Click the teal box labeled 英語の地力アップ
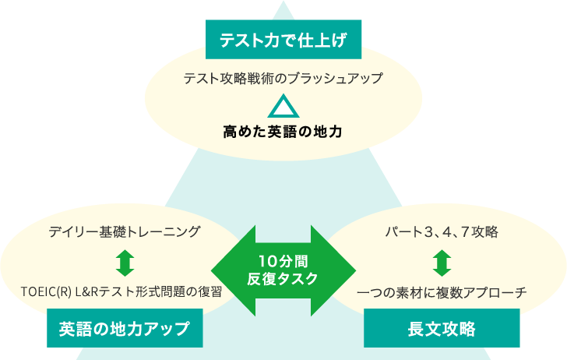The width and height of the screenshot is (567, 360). point(125,328)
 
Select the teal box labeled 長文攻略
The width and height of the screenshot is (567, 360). point(442,328)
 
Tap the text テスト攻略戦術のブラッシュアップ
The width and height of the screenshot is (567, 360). point(283,79)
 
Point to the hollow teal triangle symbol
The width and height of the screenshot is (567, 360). point(283,106)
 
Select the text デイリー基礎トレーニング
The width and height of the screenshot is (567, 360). point(125,231)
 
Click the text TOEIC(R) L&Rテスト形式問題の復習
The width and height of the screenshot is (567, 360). point(121,293)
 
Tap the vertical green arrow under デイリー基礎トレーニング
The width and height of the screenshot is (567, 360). point(125,262)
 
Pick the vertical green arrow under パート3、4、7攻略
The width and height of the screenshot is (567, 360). point(442,262)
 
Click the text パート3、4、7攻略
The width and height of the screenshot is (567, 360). point(442,231)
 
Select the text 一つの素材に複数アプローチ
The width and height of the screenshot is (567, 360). point(442,293)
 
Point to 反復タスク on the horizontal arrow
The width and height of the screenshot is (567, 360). point(283,278)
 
